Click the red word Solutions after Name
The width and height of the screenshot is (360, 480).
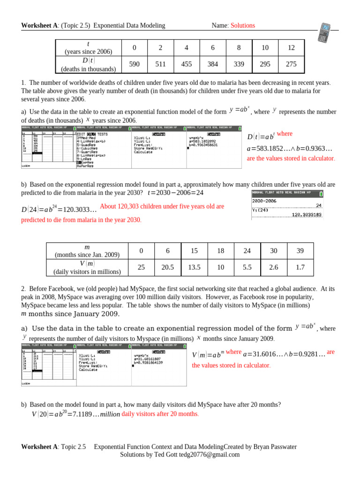242,25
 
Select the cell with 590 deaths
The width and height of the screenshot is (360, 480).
134,64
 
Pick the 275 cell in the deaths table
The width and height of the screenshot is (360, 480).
291,64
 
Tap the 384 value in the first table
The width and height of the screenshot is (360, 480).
213,64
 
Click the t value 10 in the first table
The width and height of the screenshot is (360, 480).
265,48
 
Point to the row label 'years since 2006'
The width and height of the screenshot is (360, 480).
89,52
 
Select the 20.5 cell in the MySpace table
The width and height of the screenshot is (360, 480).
168,267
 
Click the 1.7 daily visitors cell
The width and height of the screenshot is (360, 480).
300,267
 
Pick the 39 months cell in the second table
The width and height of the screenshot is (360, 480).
300,251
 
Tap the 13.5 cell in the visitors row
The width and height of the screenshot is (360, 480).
194,267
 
